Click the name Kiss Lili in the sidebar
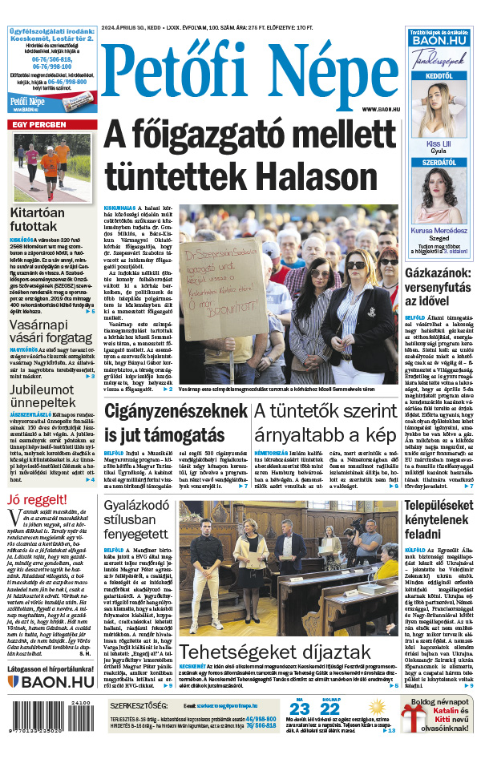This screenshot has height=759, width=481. coord(438,143)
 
